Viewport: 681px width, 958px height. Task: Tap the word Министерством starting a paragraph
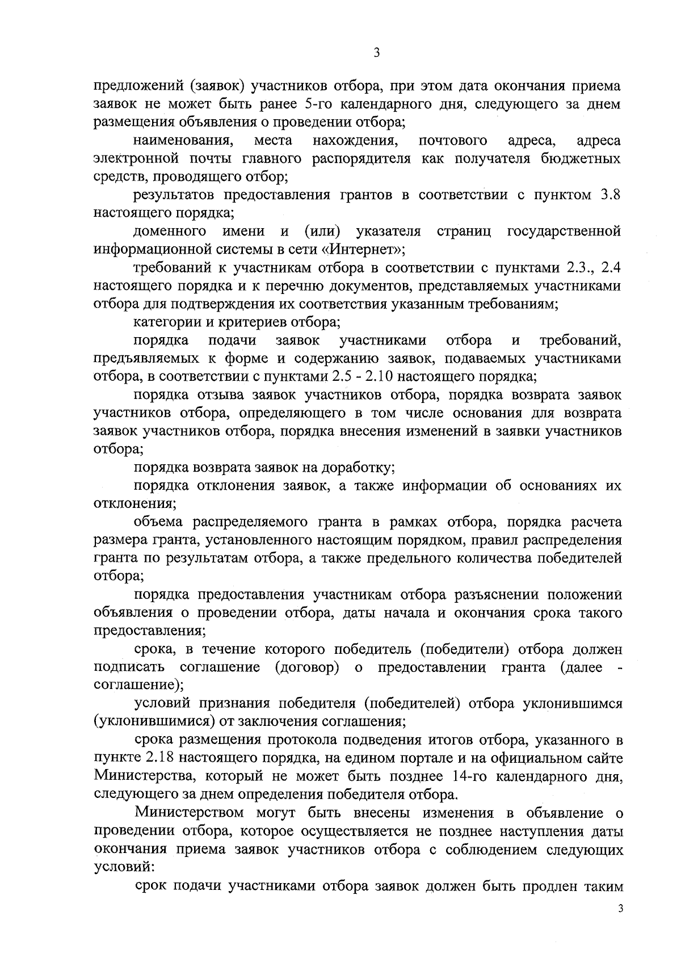tap(188, 813)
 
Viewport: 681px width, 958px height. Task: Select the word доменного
tap(169, 231)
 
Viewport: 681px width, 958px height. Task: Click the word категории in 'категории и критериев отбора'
tap(165, 322)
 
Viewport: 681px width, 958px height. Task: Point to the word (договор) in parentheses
tap(307, 667)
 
